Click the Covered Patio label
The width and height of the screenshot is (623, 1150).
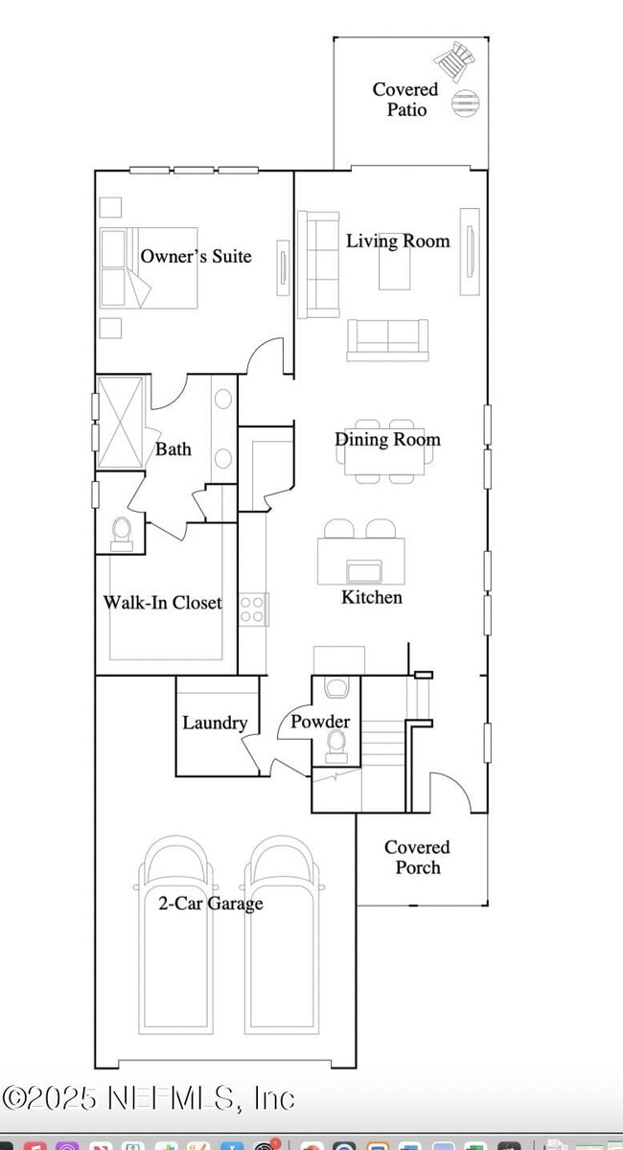coord(405,100)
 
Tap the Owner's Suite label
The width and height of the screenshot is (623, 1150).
coord(196,256)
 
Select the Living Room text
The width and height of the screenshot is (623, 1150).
coord(398,241)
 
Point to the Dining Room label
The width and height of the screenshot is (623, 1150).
coord(387,439)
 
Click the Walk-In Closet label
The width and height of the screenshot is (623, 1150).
coord(162,603)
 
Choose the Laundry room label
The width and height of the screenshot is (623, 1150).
coord(215,723)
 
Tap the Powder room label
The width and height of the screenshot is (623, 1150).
coord(320,722)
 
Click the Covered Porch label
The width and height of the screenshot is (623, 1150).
coord(417,858)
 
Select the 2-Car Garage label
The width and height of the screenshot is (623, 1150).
coord(210,903)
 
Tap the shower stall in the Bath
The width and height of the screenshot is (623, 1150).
coord(120,422)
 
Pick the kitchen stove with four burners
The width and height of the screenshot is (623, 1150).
coord(253,609)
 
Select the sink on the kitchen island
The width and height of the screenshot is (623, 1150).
coord(364,572)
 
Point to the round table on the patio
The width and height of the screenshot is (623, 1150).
coord(464,102)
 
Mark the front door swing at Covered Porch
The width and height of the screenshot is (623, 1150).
coord(450,792)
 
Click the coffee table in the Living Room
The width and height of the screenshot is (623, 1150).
coord(394,270)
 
